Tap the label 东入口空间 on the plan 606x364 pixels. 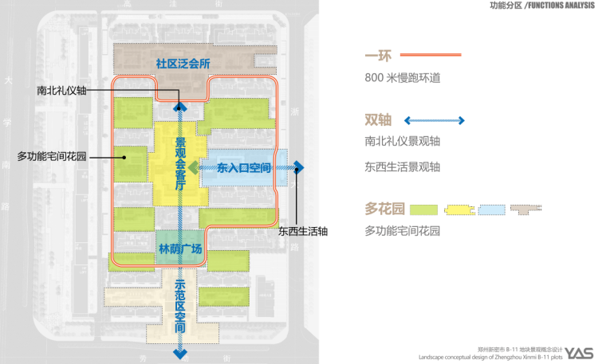(244, 168)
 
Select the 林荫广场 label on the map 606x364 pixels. (180, 249)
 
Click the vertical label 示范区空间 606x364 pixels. (180, 306)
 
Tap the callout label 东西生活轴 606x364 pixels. (303, 231)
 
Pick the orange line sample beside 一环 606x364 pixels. (431, 55)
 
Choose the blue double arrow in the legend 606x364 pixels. (435, 120)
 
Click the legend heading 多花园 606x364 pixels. (385, 209)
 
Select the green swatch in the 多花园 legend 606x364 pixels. (426, 209)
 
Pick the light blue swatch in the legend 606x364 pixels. (490, 209)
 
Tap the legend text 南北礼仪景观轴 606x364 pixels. (403, 141)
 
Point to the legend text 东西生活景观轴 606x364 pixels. (403, 167)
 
